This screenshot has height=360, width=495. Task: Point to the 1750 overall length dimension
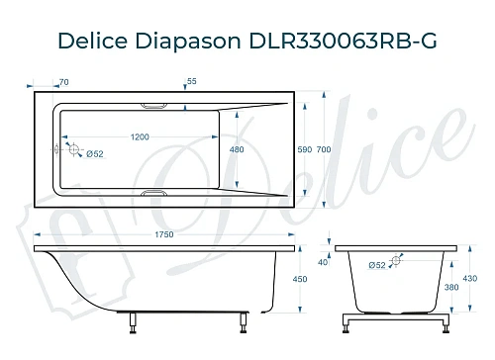tap(164, 234)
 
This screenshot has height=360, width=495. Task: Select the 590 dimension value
tap(305, 149)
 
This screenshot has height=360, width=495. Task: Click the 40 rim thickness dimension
tap(321, 262)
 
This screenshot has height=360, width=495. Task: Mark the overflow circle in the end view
tap(396, 262)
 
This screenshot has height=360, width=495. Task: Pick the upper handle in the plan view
tap(156, 104)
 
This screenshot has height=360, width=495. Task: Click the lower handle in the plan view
tap(156, 194)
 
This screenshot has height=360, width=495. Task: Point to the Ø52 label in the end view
tap(376, 265)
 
